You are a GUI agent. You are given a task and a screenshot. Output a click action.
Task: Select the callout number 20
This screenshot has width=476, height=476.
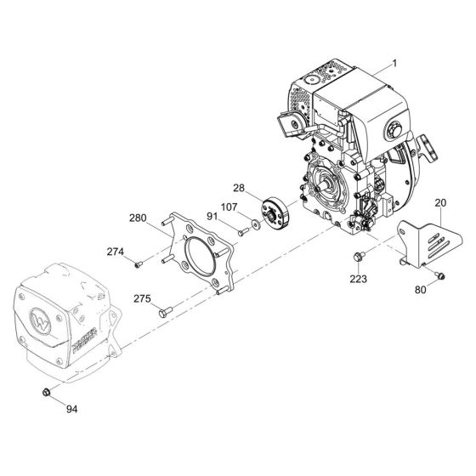click(x=440, y=202)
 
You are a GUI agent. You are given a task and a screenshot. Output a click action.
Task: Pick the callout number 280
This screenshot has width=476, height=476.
click(x=138, y=218)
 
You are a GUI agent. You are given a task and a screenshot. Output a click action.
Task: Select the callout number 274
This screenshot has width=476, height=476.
click(x=116, y=252)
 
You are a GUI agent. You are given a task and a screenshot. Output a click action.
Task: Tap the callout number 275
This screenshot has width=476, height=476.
click(x=142, y=298)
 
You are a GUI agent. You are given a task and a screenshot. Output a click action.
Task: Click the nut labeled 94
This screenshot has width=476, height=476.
click(x=46, y=392)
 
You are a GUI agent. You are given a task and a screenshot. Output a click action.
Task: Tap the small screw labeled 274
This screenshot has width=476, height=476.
click(x=138, y=264)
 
